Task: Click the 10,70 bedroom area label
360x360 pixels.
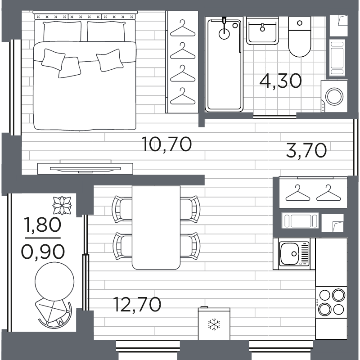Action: (x=166, y=144)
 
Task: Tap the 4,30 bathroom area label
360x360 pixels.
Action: (x=280, y=81)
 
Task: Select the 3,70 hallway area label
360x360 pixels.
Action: (x=306, y=150)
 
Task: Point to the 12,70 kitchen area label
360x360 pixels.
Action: (x=137, y=305)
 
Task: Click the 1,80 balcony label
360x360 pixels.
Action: (x=43, y=225)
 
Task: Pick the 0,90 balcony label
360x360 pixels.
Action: (x=43, y=252)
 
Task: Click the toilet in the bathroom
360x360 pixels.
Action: (x=299, y=37)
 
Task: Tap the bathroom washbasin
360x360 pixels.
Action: (x=262, y=31)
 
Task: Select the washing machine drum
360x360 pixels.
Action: (x=334, y=96)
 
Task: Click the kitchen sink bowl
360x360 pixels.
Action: (x=289, y=254)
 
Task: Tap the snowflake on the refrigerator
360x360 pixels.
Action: (x=214, y=324)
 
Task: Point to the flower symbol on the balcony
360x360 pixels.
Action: (x=62, y=205)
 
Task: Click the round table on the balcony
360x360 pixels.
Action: (x=54, y=282)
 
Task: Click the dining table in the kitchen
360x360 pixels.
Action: (x=156, y=228)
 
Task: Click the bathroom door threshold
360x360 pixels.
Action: (x=274, y=117)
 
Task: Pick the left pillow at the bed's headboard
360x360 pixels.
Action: (x=62, y=31)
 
